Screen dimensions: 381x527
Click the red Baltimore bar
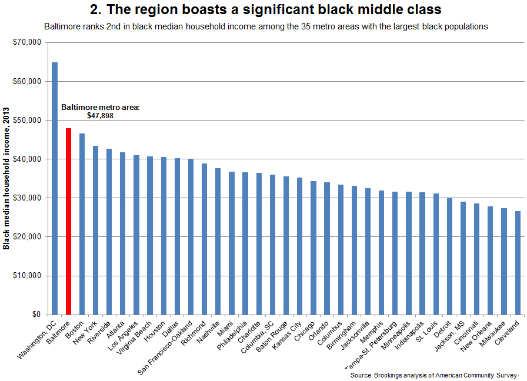pyautogui.click(x=68, y=221)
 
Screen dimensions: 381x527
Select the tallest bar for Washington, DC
pyautogui.click(x=55, y=188)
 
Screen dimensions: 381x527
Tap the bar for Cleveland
pyautogui.click(x=517, y=262)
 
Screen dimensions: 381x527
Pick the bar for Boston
pyautogui.click(x=82, y=223)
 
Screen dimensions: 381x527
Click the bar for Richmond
pyautogui.click(x=205, y=239)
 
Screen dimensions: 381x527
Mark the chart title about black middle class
pyautogui.click(x=265, y=10)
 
